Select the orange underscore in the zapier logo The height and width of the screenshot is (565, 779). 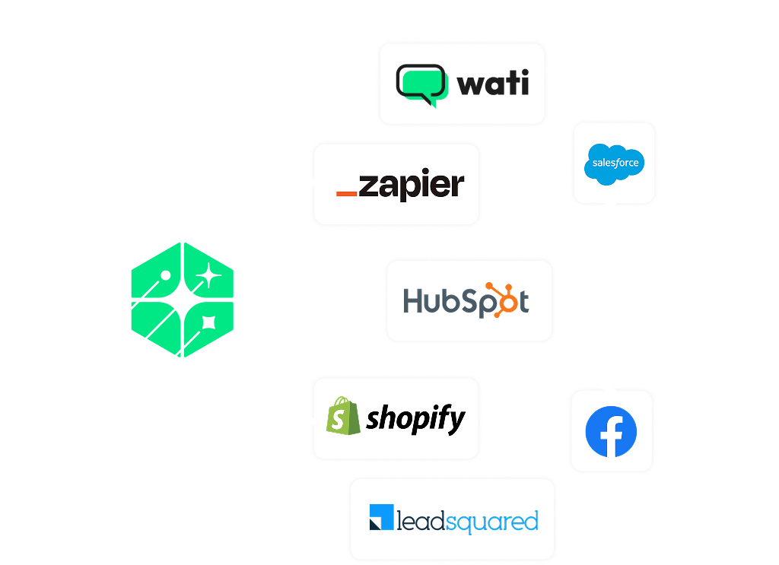point(346,195)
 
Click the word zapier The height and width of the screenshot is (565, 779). point(411,186)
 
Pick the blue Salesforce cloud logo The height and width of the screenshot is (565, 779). point(615,163)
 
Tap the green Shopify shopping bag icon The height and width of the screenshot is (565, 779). point(342,417)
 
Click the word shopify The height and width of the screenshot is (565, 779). point(415,419)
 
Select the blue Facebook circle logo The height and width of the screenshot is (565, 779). point(611,432)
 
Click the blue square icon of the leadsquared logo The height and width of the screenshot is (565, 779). point(380,517)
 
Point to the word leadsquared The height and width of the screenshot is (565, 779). point(467,522)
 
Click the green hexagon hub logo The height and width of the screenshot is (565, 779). point(183,300)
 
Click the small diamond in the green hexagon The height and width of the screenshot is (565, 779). point(206,324)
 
